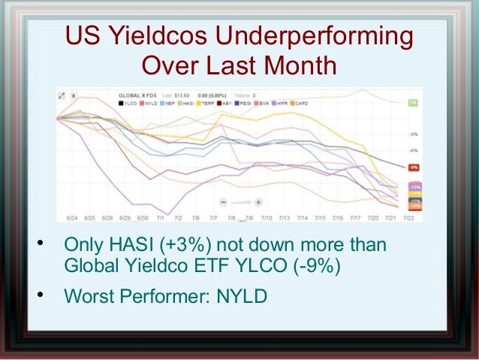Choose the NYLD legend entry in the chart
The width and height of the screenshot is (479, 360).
coord(147,103)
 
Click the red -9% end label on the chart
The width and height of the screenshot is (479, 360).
coord(414,167)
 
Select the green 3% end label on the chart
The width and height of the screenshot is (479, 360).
coord(414,102)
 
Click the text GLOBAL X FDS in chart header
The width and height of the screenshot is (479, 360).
coord(137,95)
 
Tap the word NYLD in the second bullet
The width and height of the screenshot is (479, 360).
coord(241,296)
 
